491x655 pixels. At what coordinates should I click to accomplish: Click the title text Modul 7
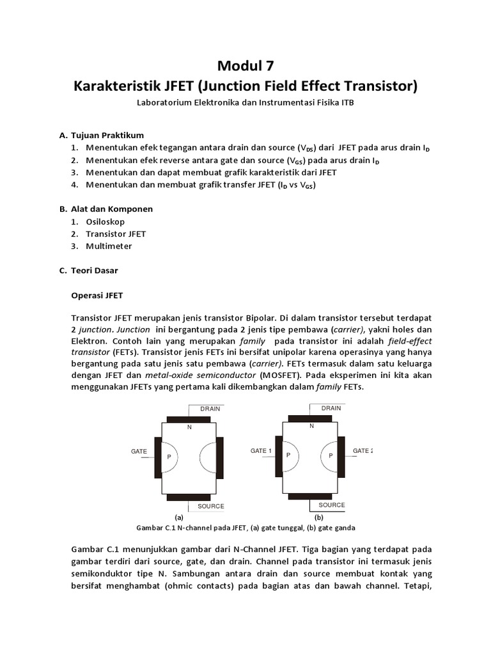pos(245,65)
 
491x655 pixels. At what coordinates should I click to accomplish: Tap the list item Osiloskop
pos(104,221)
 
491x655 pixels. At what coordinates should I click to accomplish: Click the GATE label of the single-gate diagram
pos(139,451)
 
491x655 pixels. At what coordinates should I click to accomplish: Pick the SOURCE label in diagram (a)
pos(210,506)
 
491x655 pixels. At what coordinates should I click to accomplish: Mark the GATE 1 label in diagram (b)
pos(261,451)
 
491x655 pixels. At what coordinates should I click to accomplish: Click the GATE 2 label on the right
pos(362,451)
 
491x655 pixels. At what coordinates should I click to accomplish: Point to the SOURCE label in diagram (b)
pos(331,505)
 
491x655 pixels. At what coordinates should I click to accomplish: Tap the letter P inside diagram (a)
pos(169,457)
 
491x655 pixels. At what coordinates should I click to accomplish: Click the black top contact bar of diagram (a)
pos(189,419)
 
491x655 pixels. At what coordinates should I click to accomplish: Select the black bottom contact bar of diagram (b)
pos(311,497)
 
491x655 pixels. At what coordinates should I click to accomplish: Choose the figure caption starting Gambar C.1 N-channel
pos(245,528)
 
